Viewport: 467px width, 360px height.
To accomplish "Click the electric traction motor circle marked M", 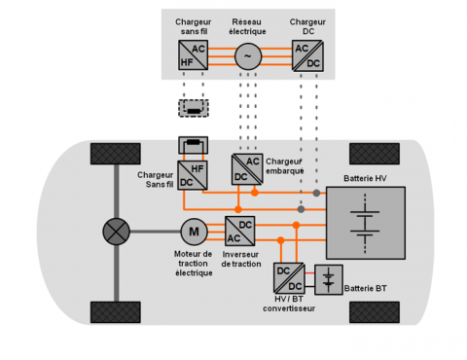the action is click(194, 232).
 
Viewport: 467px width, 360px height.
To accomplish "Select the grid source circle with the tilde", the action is click(248, 56).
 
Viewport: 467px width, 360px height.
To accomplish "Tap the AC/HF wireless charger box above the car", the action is click(193, 54).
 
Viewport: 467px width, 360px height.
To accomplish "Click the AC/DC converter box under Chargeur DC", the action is click(307, 55).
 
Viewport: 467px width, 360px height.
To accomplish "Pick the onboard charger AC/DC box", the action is click(247, 169).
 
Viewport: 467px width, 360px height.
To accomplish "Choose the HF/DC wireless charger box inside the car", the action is click(193, 175).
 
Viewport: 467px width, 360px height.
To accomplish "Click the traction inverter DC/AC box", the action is click(239, 231).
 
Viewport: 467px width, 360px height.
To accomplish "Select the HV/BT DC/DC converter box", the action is click(289, 278).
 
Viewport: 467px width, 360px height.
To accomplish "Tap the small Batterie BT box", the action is click(329, 279).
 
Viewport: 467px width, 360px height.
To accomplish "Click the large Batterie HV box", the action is click(366, 223).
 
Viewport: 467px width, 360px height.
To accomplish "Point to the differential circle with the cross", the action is click(117, 232).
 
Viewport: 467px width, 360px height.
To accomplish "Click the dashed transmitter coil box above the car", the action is click(194, 108).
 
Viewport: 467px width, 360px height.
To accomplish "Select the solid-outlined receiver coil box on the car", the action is click(193, 145).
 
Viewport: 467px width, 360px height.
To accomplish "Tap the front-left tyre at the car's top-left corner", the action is click(116, 154).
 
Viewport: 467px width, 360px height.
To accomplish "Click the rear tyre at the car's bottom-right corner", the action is click(375, 312).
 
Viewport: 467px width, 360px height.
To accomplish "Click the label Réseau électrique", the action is click(247, 26).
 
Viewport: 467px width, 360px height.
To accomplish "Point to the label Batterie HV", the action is click(365, 178).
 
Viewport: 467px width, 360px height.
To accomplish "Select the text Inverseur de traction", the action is click(241, 259).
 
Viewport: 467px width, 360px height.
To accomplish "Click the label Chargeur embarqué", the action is click(284, 166).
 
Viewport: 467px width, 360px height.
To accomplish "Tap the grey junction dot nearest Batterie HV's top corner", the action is click(316, 193).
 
